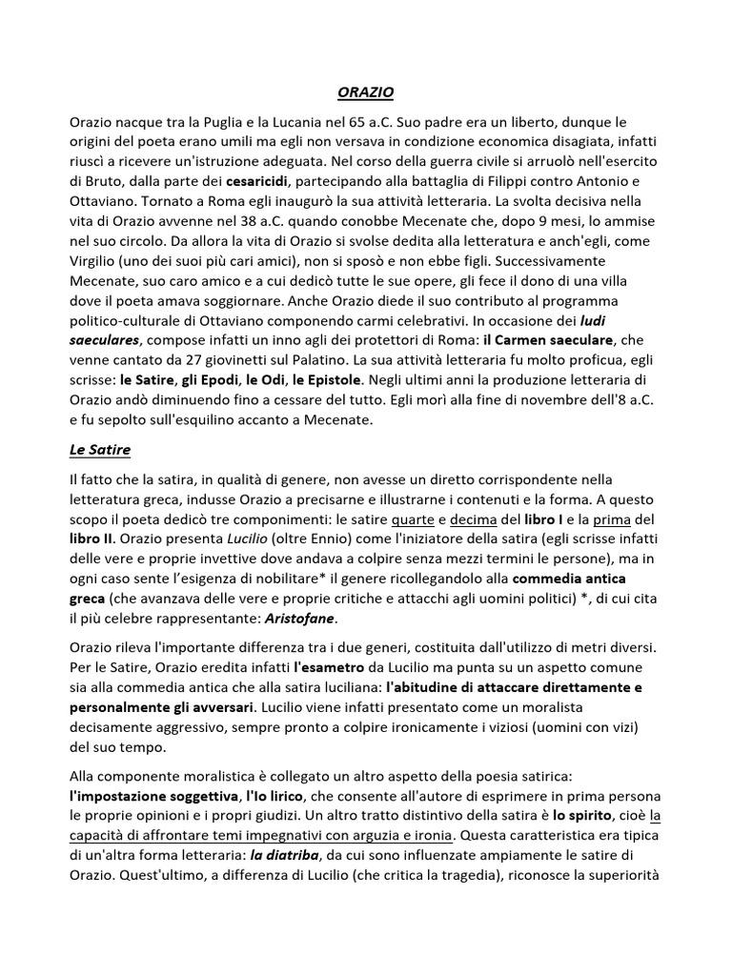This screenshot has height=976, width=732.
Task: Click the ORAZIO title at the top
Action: (x=366, y=92)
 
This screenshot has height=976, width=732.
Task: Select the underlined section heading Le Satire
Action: (x=100, y=448)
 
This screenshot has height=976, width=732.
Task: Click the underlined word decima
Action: (x=473, y=519)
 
